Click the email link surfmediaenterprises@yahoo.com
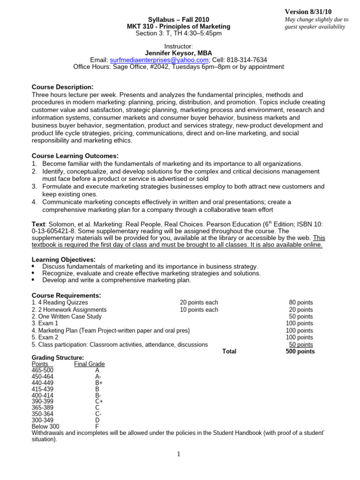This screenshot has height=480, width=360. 159,60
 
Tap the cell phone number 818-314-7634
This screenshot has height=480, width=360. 247,60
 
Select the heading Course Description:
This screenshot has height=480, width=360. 62,87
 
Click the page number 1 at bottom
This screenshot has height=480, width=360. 179,454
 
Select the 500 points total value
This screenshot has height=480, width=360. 300,352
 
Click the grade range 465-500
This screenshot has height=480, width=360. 42,370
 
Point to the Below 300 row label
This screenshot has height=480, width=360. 45,427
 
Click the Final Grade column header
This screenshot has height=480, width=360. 90,364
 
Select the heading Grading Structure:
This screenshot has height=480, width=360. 58,358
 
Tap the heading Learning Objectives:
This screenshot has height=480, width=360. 63,260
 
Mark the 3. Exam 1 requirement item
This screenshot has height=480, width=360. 45,323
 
